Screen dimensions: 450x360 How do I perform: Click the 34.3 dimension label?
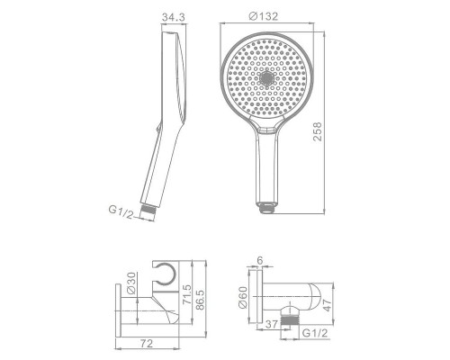click(174, 17)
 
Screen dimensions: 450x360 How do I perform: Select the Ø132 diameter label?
click(264, 16)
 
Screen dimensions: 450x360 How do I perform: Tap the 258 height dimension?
click(317, 131)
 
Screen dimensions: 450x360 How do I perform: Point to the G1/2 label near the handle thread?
click(121, 211)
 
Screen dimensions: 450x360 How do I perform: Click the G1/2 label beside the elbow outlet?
click(315, 333)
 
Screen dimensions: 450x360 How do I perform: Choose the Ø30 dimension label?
click(131, 283)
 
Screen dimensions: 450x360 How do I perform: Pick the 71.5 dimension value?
click(186, 294)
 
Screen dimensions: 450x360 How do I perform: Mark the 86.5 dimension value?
click(200, 300)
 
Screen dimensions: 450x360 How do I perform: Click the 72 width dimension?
click(147, 343)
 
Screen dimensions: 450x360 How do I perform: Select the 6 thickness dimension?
click(260, 260)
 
